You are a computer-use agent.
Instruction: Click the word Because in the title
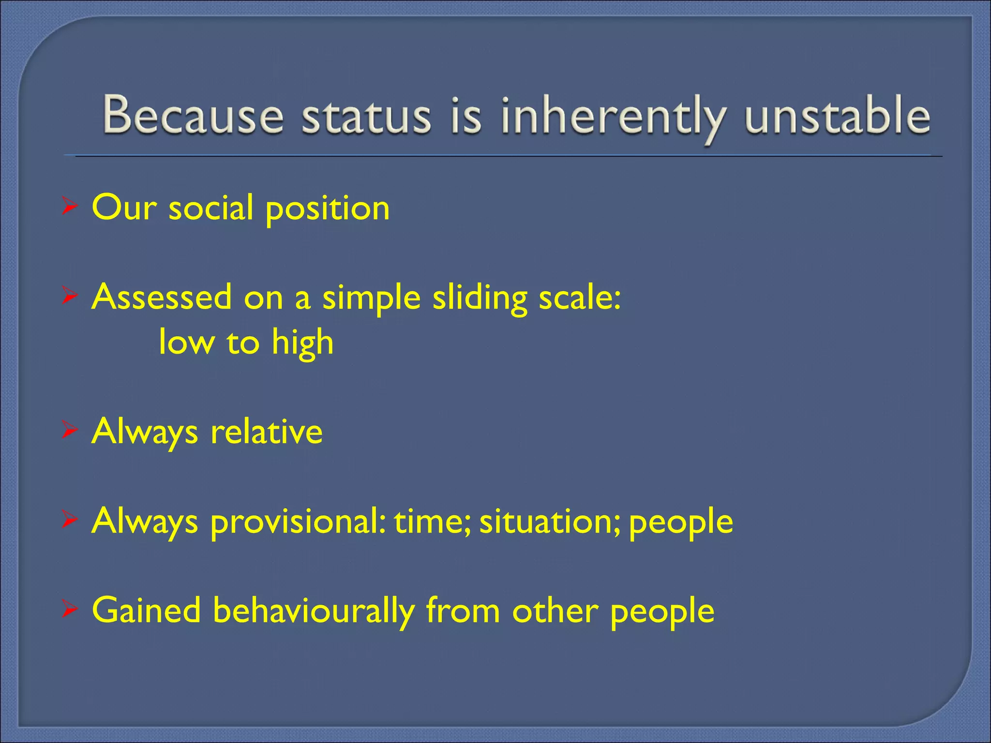click(193, 115)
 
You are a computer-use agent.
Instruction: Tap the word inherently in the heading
click(612, 116)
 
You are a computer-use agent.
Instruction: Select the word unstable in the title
click(837, 115)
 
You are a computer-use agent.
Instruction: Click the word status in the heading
click(366, 116)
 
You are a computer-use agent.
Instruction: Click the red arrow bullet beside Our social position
click(70, 208)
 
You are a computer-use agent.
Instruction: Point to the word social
click(211, 208)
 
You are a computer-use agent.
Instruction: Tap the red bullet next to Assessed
click(70, 297)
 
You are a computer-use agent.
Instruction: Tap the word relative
click(267, 431)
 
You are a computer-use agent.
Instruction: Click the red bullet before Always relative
click(70, 431)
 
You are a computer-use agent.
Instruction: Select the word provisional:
click(298, 521)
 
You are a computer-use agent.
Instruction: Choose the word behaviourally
click(314, 610)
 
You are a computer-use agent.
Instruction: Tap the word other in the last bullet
click(555, 610)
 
